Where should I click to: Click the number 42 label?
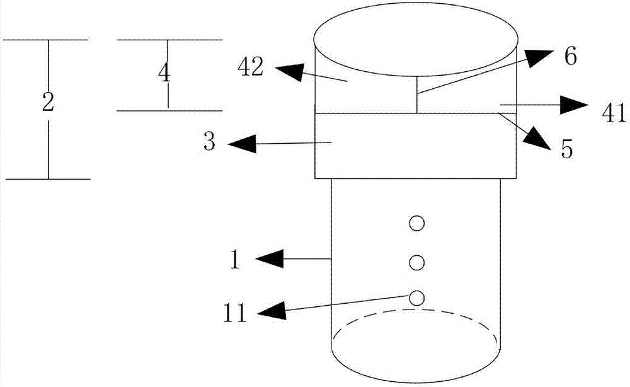click(x=251, y=67)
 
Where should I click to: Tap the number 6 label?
click(x=571, y=56)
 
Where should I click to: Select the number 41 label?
click(x=614, y=113)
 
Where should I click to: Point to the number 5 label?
click(x=566, y=149)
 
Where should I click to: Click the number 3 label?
click(x=209, y=142)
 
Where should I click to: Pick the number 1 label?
click(x=235, y=260)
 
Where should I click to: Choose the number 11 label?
click(x=234, y=313)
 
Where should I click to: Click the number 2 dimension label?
click(x=48, y=103)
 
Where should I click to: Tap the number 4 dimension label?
click(x=164, y=74)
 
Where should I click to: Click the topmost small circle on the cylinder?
click(x=416, y=223)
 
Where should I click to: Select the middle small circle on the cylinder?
click(x=416, y=262)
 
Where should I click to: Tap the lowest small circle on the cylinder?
click(x=416, y=297)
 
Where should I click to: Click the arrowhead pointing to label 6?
click(x=540, y=57)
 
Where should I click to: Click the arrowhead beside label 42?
click(x=289, y=71)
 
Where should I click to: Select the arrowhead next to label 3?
click(x=243, y=143)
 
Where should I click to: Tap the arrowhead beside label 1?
click(x=270, y=258)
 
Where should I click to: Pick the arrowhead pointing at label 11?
click(x=273, y=310)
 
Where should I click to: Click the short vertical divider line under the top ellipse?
click(x=417, y=95)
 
